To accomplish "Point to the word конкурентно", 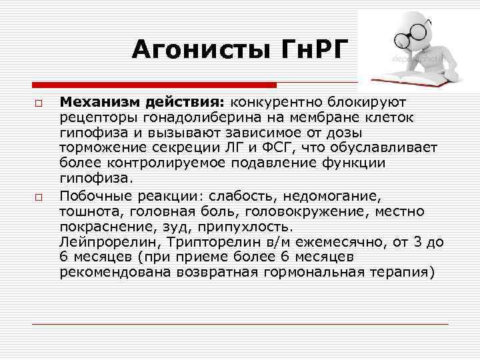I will pos(274,103).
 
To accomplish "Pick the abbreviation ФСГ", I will pos(277,147).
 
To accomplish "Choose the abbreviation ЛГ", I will pos(243,147).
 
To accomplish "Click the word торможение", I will pos(97,147).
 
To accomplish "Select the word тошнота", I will pos(85,211).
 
